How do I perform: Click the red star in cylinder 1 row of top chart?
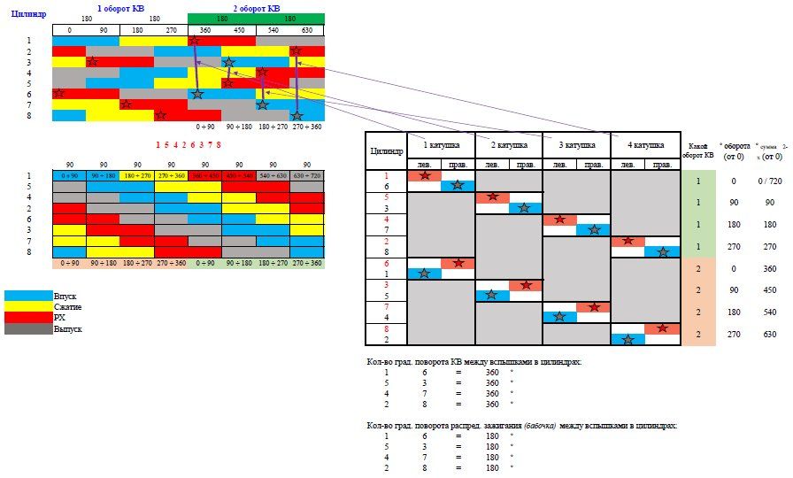(x=194, y=40)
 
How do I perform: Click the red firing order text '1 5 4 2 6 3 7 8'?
(x=189, y=144)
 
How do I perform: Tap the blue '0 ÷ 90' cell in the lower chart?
(x=68, y=176)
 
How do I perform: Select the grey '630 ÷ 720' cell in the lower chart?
(x=307, y=176)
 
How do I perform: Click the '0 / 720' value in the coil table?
(x=769, y=181)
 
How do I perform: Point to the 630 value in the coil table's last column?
(x=769, y=335)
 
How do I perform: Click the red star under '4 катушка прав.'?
(x=661, y=328)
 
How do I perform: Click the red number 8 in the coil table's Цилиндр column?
(x=386, y=328)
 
